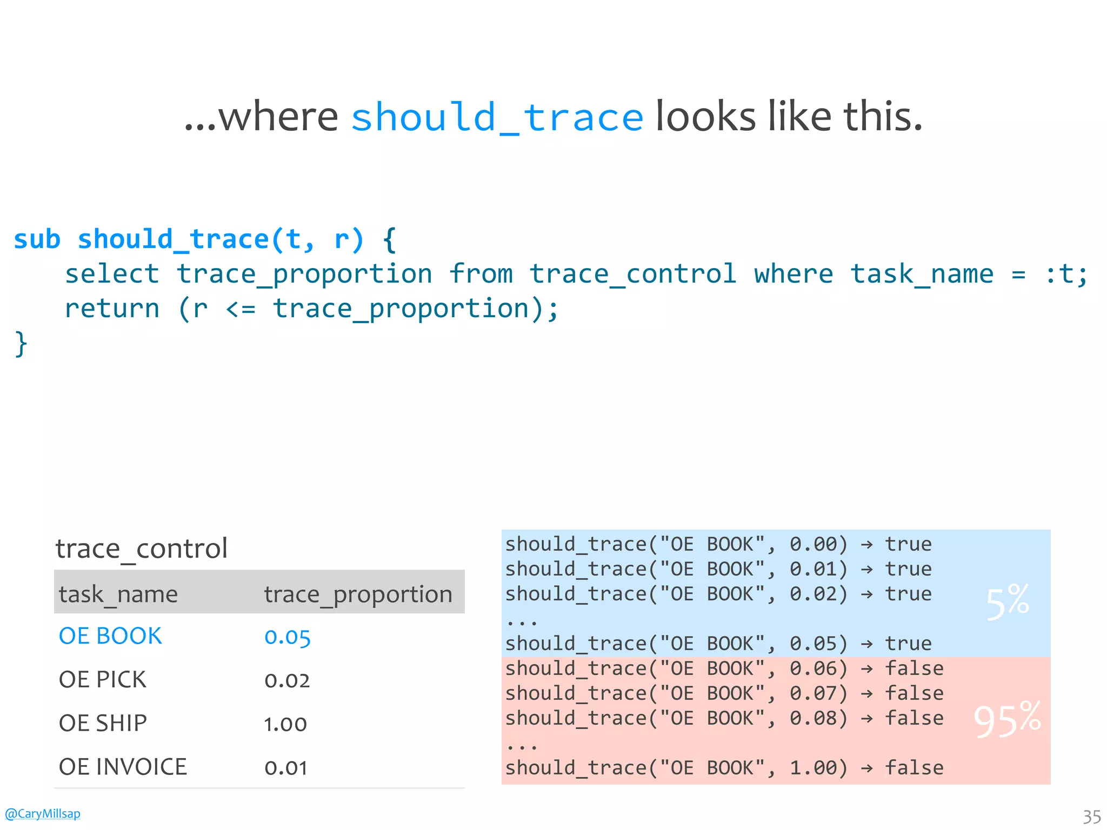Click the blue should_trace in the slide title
497,117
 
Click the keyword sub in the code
37,239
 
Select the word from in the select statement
481,274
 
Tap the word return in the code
112,309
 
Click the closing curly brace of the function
21,344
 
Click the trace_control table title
141,549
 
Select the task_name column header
118,594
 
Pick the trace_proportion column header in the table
358,594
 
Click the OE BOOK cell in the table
110,636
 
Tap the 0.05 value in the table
287,637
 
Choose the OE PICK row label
102,680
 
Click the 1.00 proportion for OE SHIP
285,724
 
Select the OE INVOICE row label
123,767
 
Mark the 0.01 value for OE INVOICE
285,768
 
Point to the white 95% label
1007,719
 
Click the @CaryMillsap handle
42,814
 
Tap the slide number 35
1091,816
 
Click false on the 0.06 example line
914,668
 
